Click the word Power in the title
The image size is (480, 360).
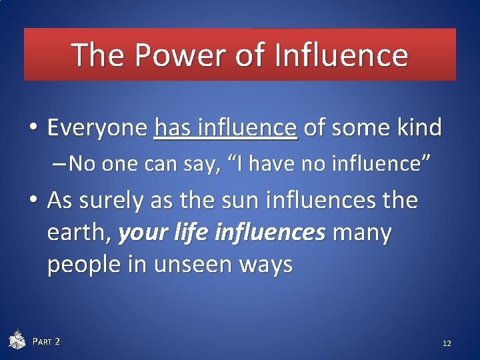tap(179, 55)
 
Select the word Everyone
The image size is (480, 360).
tap(97, 127)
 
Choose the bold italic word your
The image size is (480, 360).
tap(140, 233)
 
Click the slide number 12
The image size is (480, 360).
tap(447, 343)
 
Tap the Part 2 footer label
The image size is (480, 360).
tap(47, 341)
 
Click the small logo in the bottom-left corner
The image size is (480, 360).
tap(17, 340)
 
